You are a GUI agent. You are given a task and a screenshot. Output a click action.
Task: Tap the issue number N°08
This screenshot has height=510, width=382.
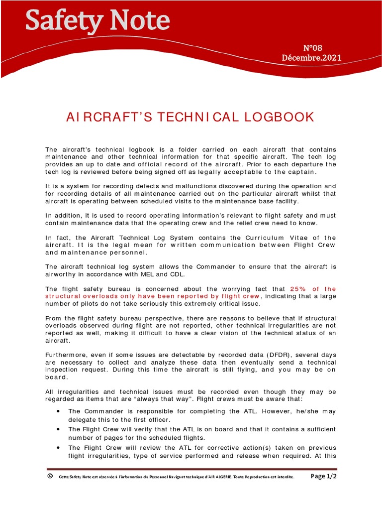(x=313, y=48)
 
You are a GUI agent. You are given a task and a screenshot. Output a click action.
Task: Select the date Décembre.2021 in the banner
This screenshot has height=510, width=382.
(x=311, y=57)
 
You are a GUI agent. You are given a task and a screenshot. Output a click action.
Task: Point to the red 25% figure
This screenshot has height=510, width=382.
(x=297, y=289)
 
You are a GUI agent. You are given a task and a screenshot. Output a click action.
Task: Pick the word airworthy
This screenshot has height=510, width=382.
(x=61, y=274)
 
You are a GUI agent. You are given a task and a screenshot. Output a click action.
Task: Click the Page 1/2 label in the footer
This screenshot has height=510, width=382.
(x=323, y=476)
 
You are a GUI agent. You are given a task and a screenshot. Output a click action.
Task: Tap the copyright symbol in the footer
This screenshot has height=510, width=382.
(x=50, y=476)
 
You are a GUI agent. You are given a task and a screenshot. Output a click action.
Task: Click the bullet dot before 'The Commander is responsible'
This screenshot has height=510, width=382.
(x=59, y=411)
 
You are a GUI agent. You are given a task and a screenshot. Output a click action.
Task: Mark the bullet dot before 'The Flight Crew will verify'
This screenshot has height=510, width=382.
(x=59, y=429)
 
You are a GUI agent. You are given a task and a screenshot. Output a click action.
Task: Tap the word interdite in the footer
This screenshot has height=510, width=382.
(x=283, y=477)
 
